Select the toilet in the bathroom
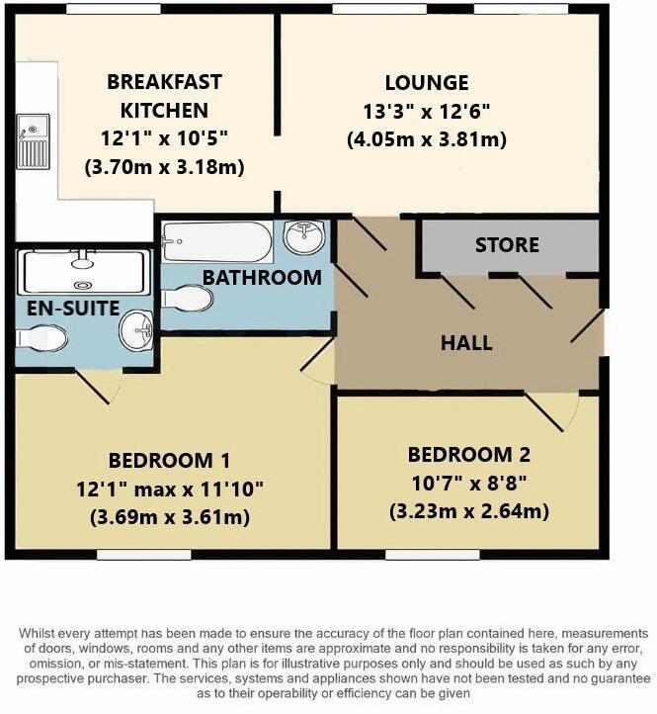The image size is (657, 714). click(186, 298)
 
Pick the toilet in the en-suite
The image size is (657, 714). click(41, 339)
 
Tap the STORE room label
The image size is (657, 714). click(507, 244)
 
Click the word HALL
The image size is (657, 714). click(465, 343)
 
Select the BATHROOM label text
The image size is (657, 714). click(262, 278)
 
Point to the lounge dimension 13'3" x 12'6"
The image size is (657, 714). click(427, 112)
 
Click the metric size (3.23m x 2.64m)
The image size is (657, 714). click(469, 511)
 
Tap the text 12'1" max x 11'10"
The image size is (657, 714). click(169, 489)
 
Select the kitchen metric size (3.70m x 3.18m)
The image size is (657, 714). click(164, 166)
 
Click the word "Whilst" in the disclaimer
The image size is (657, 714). click(40, 633)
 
